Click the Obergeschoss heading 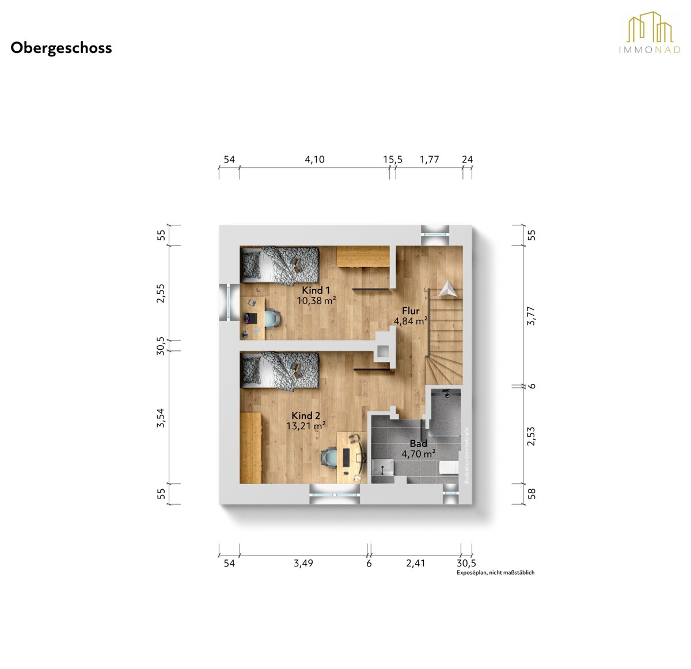pos(61,48)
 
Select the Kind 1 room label pos(316,290)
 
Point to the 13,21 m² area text pos(306,426)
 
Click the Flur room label pos(411,311)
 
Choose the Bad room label pos(418,443)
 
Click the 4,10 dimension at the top pos(314,160)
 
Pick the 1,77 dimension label pos(430,160)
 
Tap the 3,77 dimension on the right pos(531,316)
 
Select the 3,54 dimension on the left pos(161,418)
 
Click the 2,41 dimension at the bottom pos(415,564)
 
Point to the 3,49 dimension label pos(303,564)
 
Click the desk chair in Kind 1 pos(272,318)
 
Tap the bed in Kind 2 pos(279,371)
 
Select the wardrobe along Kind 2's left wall pos(250,448)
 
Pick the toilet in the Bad pos(450,467)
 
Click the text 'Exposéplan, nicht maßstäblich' pos(495,572)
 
